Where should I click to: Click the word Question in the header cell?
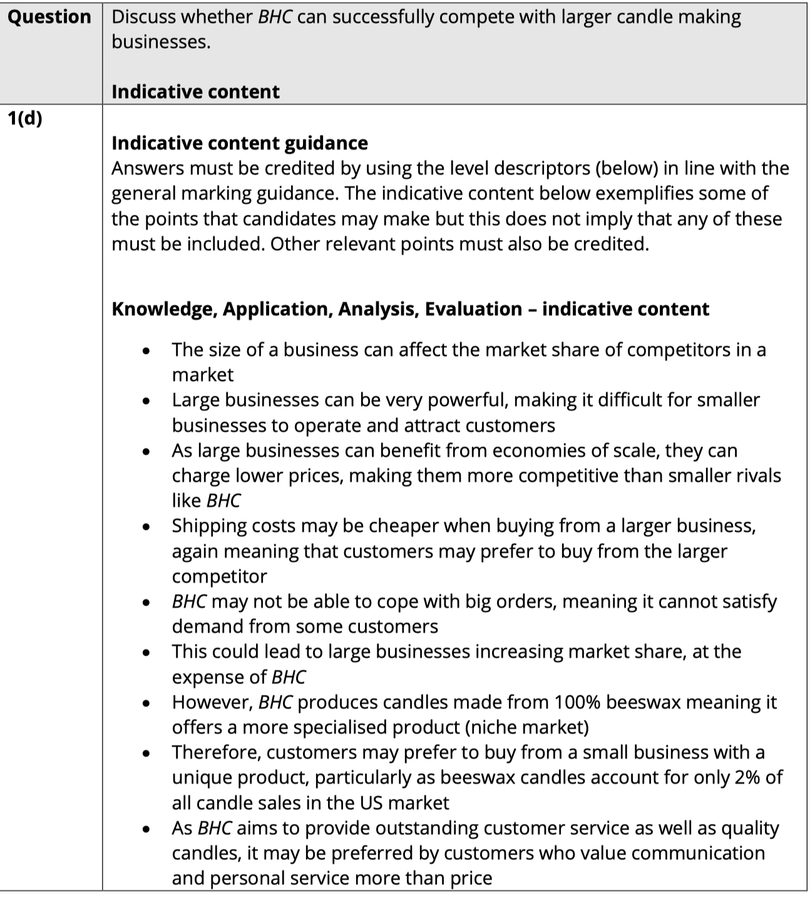tap(49, 17)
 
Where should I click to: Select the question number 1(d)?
tap(25, 118)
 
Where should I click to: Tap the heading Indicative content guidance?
tap(240, 143)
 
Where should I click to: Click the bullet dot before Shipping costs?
tap(146, 527)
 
